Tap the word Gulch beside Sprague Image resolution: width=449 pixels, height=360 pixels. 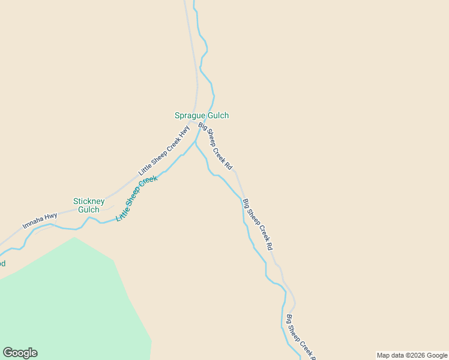click(218, 115)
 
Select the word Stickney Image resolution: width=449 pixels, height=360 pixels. click(89, 201)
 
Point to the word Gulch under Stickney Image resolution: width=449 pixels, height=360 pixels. click(89, 210)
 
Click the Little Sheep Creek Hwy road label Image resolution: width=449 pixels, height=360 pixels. click(164, 150)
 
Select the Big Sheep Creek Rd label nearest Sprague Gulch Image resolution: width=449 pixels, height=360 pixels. click(215, 146)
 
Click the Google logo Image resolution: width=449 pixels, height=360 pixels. click(20, 353)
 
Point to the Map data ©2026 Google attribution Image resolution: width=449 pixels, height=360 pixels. click(411, 355)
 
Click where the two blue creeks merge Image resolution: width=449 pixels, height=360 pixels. click(195, 142)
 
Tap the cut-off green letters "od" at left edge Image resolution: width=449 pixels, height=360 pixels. click(2, 263)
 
